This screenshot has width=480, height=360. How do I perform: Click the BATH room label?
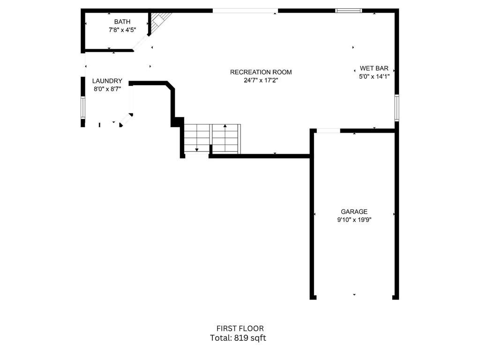tap(122, 22)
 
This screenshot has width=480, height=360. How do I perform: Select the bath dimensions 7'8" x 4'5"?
tap(122, 30)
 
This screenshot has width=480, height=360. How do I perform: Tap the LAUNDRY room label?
tap(107, 81)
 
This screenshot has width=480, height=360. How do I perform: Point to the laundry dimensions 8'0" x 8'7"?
tap(107, 89)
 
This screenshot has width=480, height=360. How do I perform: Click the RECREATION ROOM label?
tap(261, 72)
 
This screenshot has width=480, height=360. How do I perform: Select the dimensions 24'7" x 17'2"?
tap(261, 80)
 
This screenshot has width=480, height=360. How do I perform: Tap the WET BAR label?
tap(374, 68)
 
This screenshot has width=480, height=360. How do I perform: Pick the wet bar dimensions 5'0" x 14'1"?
tap(374, 76)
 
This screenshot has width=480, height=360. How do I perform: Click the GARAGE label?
tap(354, 211)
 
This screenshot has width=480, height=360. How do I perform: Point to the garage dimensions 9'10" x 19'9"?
tap(354, 219)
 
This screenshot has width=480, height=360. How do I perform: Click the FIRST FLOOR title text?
tap(240, 329)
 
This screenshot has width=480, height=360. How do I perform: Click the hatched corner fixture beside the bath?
tap(158, 21)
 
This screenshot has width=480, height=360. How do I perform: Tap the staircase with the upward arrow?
tap(226, 138)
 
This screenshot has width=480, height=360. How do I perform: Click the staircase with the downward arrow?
tap(196, 138)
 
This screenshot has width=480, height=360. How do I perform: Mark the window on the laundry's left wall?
tap(83, 107)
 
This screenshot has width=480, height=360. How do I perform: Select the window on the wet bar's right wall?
tap(396, 107)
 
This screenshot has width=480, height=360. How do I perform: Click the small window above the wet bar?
tap(349, 10)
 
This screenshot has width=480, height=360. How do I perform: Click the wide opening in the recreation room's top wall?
tap(245, 11)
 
